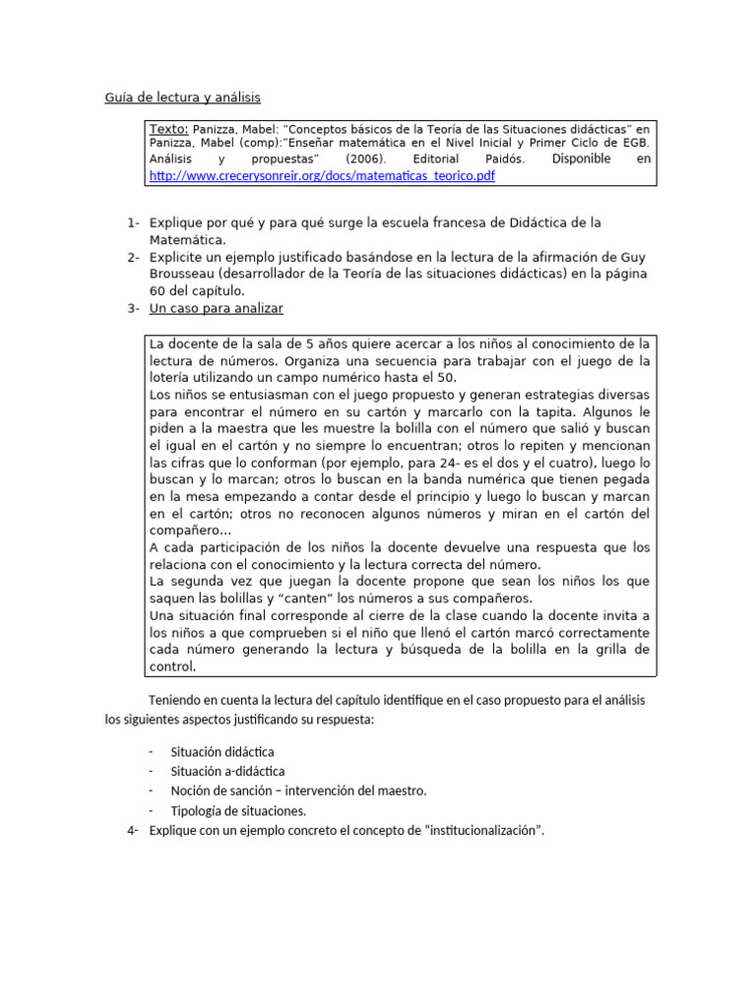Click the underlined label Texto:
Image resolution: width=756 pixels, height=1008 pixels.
[168, 129]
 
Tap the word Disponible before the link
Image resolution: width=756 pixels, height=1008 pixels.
[581, 159]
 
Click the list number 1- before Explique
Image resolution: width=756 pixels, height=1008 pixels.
[133, 223]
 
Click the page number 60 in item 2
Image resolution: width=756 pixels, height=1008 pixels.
[158, 290]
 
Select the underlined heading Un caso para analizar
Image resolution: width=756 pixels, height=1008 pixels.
[216, 309]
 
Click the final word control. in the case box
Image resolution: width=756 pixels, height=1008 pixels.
[172, 666]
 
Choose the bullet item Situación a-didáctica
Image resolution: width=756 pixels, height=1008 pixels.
[227, 771]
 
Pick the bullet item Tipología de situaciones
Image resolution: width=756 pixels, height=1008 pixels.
[238, 810]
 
